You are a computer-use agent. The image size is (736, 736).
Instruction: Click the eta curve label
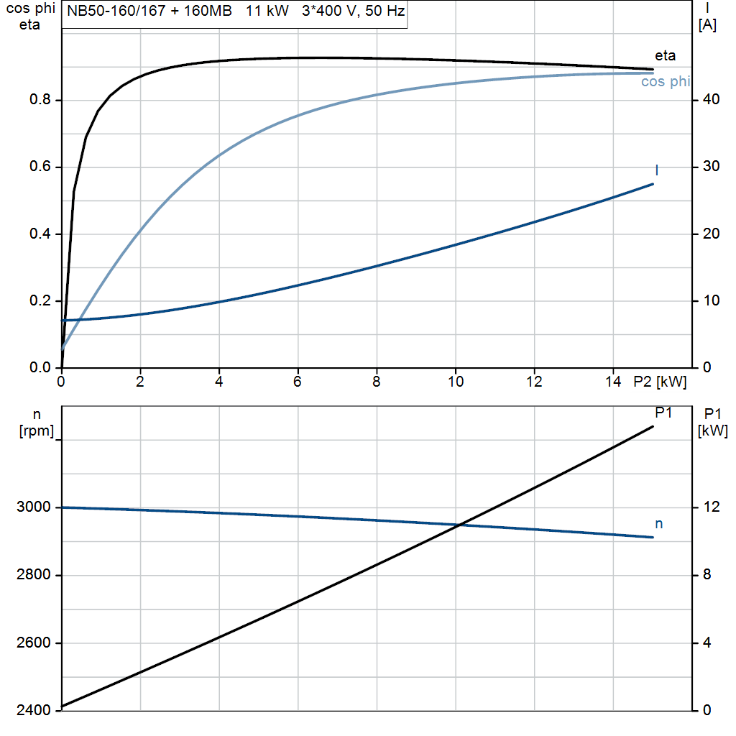pyautogui.click(x=665, y=55)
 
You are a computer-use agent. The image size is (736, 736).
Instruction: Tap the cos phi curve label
pyautogui.click(x=665, y=82)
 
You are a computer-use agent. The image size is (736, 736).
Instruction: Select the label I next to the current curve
pyautogui.click(x=657, y=170)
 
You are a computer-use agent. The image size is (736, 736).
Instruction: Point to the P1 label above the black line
pyautogui.click(x=663, y=413)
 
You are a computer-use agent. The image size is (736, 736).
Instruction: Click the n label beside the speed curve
pyautogui.click(x=658, y=524)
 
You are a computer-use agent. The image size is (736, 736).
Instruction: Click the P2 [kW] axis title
pyautogui.click(x=660, y=382)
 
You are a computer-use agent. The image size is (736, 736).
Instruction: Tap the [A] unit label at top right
pyautogui.click(x=707, y=25)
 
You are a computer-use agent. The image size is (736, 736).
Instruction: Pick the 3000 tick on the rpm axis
pyautogui.click(x=33, y=507)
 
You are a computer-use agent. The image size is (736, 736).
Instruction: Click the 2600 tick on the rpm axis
pyautogui.click(x=33, y=643)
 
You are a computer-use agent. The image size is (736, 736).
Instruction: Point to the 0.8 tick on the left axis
pyautogui.click(x=40, y=100)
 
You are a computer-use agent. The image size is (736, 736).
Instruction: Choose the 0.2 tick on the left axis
pyautogui.click(x=40, y=300)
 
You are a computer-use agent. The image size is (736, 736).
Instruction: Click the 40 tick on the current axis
pyautogui.click(x=708, y=100)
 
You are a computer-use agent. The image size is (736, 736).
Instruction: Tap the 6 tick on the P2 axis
pyautogui.click(x=298, y=382)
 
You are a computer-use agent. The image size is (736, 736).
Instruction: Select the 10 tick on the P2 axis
pyautogui.click(x=455, y=382)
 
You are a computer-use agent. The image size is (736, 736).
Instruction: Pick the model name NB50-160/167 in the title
pyautogui.click(x=114, y=12)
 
